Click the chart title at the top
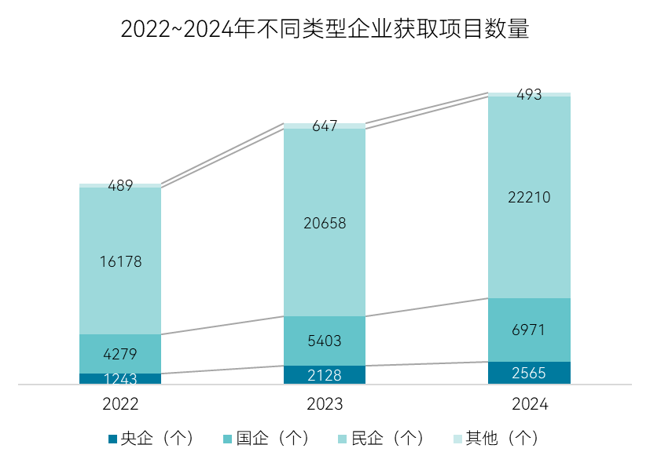point(325,29)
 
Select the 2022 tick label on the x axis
point(120,405)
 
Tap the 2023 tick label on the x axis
point(325,405)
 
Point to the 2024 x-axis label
point(529,405)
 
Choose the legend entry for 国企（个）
point(266,438)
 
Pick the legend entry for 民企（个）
point(382,438)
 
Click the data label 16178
point(120,261)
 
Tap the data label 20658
point(325,223)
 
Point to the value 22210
point(529,198)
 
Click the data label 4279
point(120,355)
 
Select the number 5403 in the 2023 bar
point(325,341)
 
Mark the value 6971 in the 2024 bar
point(529,330)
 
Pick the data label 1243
point(120,379)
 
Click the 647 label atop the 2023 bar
point(325,126)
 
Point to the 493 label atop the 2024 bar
point(529,95)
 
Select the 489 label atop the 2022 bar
point(120,186)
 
